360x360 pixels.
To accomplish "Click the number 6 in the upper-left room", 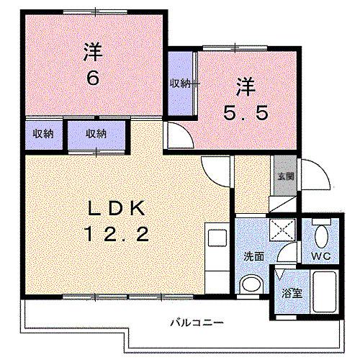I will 93,77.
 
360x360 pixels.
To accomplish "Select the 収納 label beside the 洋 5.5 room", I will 180,84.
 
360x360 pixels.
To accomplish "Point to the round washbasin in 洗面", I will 250,285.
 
